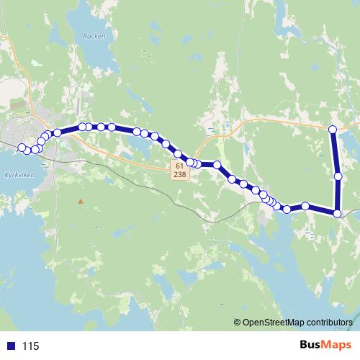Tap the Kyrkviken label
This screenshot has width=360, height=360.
(x=15, y=174)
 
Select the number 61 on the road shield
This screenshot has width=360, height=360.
(x=179, y=166)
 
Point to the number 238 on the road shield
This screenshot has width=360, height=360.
(x=179, y=174)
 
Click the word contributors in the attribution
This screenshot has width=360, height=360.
(x=330, y=322)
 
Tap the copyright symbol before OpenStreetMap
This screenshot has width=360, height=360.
(x=238, y=322)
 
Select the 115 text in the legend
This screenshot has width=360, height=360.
(x=31, y=346)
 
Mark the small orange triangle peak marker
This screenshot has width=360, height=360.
(x=81, y=200)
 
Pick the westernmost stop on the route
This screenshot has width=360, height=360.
(x=22, y=148)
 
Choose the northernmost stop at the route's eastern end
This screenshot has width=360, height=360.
(x=333, y=129)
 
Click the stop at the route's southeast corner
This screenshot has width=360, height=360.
(x=338, y=212)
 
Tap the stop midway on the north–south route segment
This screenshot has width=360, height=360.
(x=338, y=175)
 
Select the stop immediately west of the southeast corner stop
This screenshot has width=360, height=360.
(x=305, y=206)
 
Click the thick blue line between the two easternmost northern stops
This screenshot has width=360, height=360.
(x=335, y=152)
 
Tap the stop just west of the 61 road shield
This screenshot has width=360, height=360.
(x=174, y=153)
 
